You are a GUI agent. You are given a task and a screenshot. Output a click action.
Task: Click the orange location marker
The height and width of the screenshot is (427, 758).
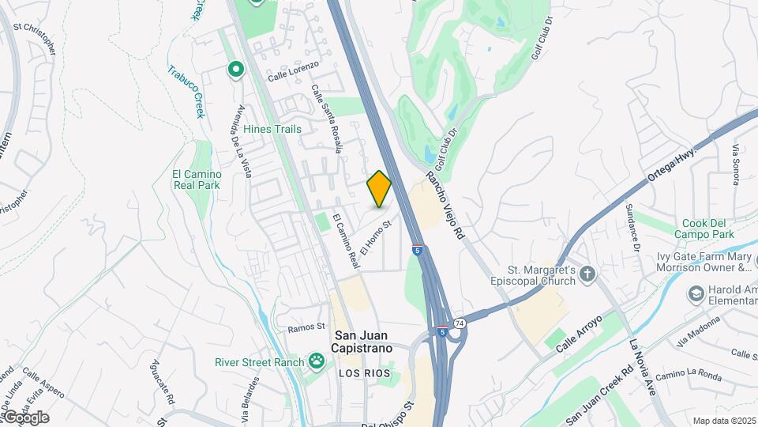(x=379, y=189)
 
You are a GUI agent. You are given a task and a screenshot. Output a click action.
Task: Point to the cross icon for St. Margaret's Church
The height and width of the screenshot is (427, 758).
(x=586, y=274)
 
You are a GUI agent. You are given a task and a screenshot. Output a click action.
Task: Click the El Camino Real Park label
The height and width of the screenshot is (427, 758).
(x=197, y=179)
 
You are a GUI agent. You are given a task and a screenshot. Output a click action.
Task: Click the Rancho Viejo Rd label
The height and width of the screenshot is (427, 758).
(x=447, y=206)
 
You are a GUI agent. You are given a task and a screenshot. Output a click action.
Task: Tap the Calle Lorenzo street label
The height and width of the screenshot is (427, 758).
(x=293, y=70)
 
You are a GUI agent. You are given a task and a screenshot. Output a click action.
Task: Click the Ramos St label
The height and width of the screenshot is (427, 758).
(x=306, y=327)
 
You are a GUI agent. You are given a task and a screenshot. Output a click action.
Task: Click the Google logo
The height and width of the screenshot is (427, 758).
(x=25, y=417)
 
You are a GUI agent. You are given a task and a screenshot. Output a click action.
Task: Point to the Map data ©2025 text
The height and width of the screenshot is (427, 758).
(x=723, y=421)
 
